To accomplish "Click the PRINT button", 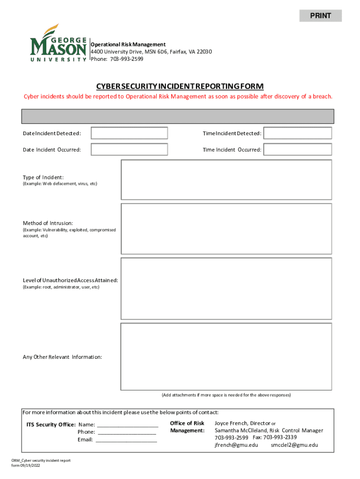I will coord(320,16).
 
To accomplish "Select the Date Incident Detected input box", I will coord(129,133).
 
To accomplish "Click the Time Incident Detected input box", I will coord(297,133).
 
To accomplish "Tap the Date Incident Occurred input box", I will coord(129,150).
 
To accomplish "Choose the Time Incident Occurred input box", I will coord(297,150).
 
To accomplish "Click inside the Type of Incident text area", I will coord(226,180).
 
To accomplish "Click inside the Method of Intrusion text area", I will coord(226,229).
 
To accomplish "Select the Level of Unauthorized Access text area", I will coord(226,289).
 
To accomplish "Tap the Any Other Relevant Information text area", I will coord(226,356).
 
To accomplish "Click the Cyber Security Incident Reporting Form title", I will coord(180,87).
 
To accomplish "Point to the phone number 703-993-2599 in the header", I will coord(127,59).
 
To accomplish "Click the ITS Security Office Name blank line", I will coord(128,425).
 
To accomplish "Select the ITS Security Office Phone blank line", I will coord(126,432).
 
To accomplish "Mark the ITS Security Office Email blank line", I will coord(126,440).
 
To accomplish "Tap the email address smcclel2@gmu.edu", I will coord(294,445).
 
